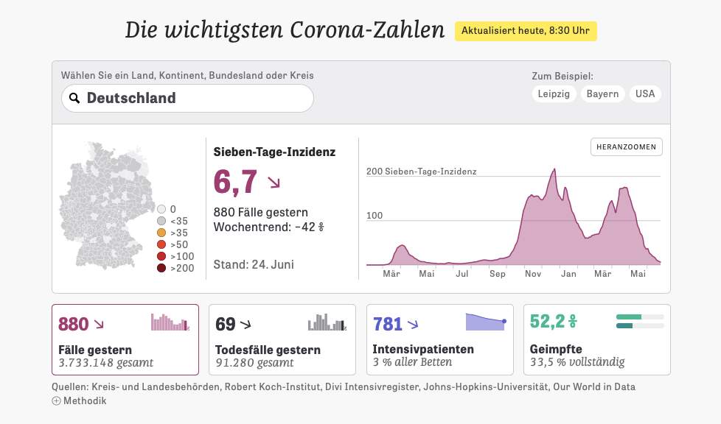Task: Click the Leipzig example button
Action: tap(554, 94)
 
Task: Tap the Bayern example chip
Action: tap(602, 94)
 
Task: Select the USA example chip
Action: tap(645, 94)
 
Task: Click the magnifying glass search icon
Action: tap(74, 98)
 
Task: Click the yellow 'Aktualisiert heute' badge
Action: tap(526, 31)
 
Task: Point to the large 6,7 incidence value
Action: tap(235, 182)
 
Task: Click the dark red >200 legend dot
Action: tap(161, 268)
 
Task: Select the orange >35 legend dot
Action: tap(161, 233)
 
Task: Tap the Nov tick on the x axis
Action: tap(533, 274)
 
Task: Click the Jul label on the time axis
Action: tap(462, 274)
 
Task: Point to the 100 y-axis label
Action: tap(375, 216)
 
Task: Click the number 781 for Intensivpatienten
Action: tap(388, 324)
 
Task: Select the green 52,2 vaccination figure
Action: tap(547, 322)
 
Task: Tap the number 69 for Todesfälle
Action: tap(225, 324)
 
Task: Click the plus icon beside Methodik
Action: tap(56, 400)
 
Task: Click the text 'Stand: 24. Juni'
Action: tap(253, 264)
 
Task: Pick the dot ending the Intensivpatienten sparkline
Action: tap(504, 321)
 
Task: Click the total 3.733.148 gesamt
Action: tap(105, 362)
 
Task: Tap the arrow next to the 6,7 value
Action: tap(274, 183)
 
